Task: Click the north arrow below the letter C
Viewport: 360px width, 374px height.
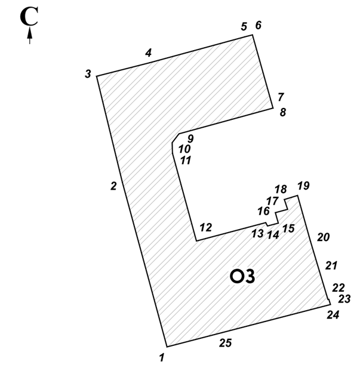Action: pyautogui.click(x=30, y=35)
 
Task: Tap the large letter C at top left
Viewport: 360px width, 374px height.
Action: pyautogui.click(x=29, y=16)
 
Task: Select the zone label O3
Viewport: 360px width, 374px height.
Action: pyautogui.click(x=242, y=277)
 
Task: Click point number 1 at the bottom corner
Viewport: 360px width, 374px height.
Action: pyautogui.click(x=162, y=357)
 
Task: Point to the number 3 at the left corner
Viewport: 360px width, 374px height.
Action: pyautogui.click(x=88, y=74)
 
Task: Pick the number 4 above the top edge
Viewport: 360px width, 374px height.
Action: pyautogui.click(x=148, y=52)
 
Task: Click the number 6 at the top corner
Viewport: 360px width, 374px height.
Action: pyautogui.click(x=259, y=25)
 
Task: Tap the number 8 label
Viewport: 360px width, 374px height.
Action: pyautogui.click(x=283, y=112)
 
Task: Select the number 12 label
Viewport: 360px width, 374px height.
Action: pyautogui.click(x=206, y=227)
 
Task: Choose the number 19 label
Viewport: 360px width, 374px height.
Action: pyautogui.click(x=304, y=186)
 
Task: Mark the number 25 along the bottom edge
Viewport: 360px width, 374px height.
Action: pyautogui.click(x=226, y=343)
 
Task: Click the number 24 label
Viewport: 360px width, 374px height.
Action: pyautogui.click(x=333, y=315)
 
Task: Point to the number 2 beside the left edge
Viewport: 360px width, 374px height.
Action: pyautogui.click(x=114, y=186)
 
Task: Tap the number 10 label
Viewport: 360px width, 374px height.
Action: pyautogui.click(x=184, y=149)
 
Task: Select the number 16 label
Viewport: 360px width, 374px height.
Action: pyautogui.click(x=263, y=211)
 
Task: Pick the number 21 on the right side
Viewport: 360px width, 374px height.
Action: pyautogui.click(x=331, y=265)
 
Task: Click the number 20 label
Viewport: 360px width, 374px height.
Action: pyautogui.click(x=324, y=237)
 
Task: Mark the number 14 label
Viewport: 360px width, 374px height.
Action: pyautogui.click(x=273, y=235)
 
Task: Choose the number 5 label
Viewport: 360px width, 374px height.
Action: pyautogui.click(x=244, y=26)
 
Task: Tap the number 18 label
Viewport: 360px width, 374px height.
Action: pyautogui.click(x=281, y=189)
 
